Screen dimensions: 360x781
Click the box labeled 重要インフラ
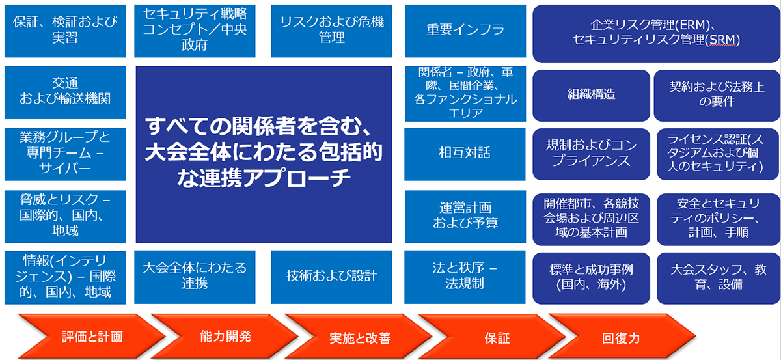coord(465,30)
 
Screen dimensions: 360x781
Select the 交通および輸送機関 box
coord(64,92)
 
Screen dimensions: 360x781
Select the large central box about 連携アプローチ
coord(264,154)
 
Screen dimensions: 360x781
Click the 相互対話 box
coord(465,154)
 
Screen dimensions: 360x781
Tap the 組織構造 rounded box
coord(591,95)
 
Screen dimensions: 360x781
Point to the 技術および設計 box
coord(331,276)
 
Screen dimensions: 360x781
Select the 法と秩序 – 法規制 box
coord(465,276)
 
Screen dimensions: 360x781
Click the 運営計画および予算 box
coord(465,215)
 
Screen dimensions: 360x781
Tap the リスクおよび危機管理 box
coord(331,30)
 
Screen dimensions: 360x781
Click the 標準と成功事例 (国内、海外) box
coord(591,277)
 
